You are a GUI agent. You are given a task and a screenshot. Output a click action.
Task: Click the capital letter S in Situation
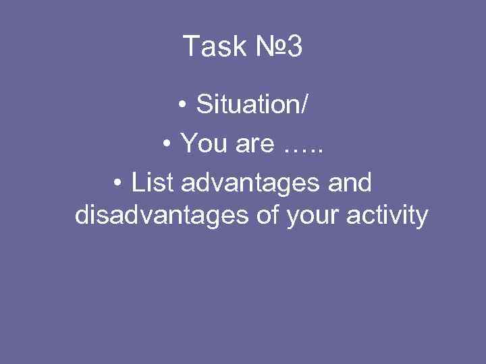[203, 105]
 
